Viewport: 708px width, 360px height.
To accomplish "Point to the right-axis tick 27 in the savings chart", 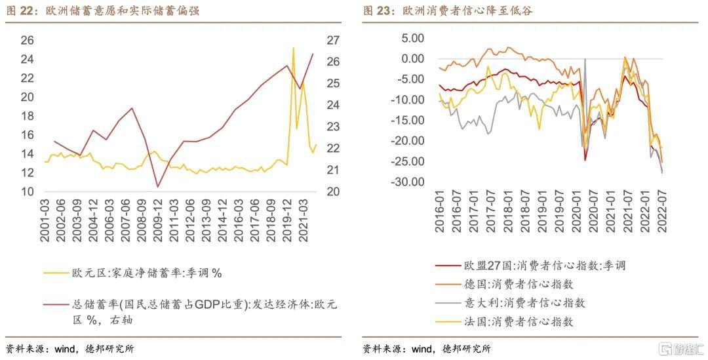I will [x=333, y=41].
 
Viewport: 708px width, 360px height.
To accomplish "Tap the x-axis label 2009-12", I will [x=157, y=220].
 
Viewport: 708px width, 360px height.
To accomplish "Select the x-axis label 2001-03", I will [x=45, y=220].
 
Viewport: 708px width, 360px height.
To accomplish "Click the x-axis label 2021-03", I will [x=304, y=220].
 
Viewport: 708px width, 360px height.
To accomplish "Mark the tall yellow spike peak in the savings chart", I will [x=293, y=48].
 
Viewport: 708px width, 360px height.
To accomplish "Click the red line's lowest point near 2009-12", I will [x=157, y=187].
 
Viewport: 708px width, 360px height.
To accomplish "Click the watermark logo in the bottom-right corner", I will [x=681, y=348].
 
